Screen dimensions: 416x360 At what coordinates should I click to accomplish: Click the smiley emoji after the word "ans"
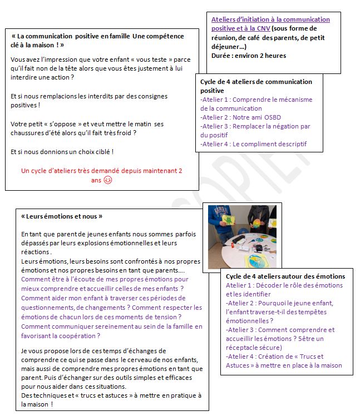[x=108, y=180]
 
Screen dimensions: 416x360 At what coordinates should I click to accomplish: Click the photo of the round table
[x=242, y=236]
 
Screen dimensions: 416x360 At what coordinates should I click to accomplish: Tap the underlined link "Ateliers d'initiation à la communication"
[x=270, y=19]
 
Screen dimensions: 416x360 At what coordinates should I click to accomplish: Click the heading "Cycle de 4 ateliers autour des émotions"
[x=285, y=276]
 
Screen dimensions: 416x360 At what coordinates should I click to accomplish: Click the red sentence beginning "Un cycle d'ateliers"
[x=102, y=171]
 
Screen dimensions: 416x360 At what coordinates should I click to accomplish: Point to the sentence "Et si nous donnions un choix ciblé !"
[x=62, y=151]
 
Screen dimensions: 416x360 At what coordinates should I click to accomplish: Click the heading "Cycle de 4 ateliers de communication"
[x=256, y=82]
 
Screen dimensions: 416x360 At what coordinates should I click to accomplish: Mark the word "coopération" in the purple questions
[x=78, y=336]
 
